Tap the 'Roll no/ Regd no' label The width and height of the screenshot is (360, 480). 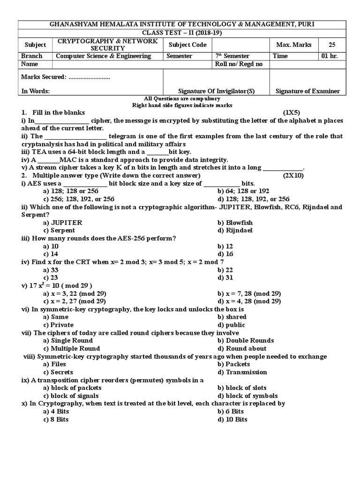pos(238,64)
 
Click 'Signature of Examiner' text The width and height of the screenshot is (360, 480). pos(307,91)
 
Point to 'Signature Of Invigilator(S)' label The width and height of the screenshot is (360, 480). pos(217,91)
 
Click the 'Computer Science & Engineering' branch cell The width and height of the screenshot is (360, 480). pos(104,56)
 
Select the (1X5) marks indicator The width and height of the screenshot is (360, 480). pos(294,113)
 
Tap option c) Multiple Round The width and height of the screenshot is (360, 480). pos(71,348)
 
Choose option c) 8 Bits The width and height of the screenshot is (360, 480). pos(56,419)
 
